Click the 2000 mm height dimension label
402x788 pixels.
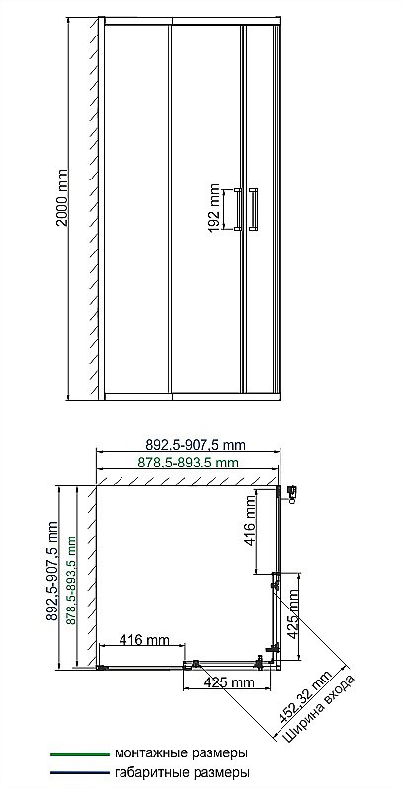point(62,197)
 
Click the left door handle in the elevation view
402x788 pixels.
point(238,209)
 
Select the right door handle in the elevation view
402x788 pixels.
point(253,209)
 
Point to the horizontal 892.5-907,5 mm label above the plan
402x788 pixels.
point(196,445)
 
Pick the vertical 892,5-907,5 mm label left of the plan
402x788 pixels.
point(52,578)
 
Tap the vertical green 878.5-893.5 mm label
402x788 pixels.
point(71,581)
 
